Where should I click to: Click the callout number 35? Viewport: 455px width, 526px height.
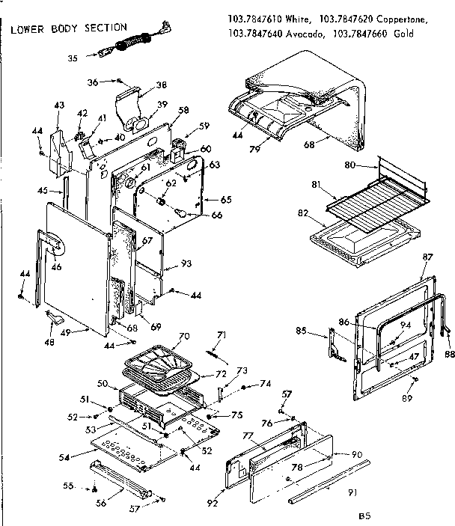[73, 56]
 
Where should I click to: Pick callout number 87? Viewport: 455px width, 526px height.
[427, 257]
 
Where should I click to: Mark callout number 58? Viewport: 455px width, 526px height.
[183, 110]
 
